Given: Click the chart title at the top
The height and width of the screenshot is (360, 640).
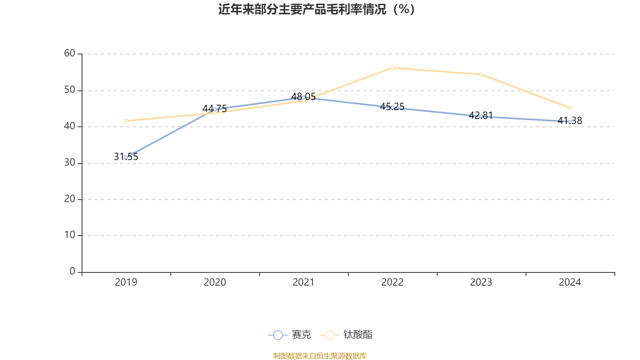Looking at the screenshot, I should pyautogui.click(x=316, y=9).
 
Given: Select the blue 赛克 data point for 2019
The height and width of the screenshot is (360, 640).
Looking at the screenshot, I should pyautogui.click(x=126, y=157).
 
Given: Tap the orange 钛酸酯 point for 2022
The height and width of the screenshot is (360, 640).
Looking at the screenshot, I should pyautogui.click(x=392, y=68).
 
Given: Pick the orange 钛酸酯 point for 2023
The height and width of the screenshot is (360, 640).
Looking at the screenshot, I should pyautogui.click(x=481, y=74).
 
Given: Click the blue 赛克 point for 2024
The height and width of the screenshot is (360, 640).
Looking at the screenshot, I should pyautogui.click(x=570, y=122).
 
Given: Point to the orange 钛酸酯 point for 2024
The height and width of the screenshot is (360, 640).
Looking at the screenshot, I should pyautogui.click(x=570, y=108).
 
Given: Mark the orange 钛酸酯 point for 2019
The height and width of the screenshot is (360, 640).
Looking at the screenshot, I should pyautogui.click(x=126, y=121).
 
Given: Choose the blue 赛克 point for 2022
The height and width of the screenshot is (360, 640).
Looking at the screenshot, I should pyautogui.click(x=392, y=108).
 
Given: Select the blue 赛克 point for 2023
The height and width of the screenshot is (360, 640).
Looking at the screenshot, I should pyautogui.click(x=481, y=116).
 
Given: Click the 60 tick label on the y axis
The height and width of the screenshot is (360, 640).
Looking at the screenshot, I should pyautogui.click(x=70, y=53).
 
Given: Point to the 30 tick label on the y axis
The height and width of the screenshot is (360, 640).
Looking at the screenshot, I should pyautogui.click(x=70, y=162).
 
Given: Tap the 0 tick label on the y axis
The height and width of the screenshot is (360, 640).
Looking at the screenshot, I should pyautogui.click(x=72, y=272).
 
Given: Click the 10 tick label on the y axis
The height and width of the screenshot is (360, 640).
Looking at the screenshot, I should pyautogui.click(x=70, y=235).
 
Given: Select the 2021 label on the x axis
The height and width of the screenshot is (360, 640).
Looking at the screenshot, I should pyautogui.click(x=304, y=282).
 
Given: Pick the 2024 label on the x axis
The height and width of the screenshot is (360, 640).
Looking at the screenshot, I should pyautogui.click(x=570, y=282).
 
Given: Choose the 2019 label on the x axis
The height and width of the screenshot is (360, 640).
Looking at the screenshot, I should pyautogui.click(x=126, y=282).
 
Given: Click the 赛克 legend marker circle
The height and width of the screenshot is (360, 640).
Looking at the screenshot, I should pyautogui.click(x=278, y=335).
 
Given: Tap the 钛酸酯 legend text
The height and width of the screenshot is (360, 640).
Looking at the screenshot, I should pyautogui.click(x=358, y=335).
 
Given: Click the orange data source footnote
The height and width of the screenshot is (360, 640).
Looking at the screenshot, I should pyautogui.click(x=320, y=356).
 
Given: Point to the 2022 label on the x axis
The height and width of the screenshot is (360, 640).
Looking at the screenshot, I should pyautogui.click(x=392, y=282).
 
